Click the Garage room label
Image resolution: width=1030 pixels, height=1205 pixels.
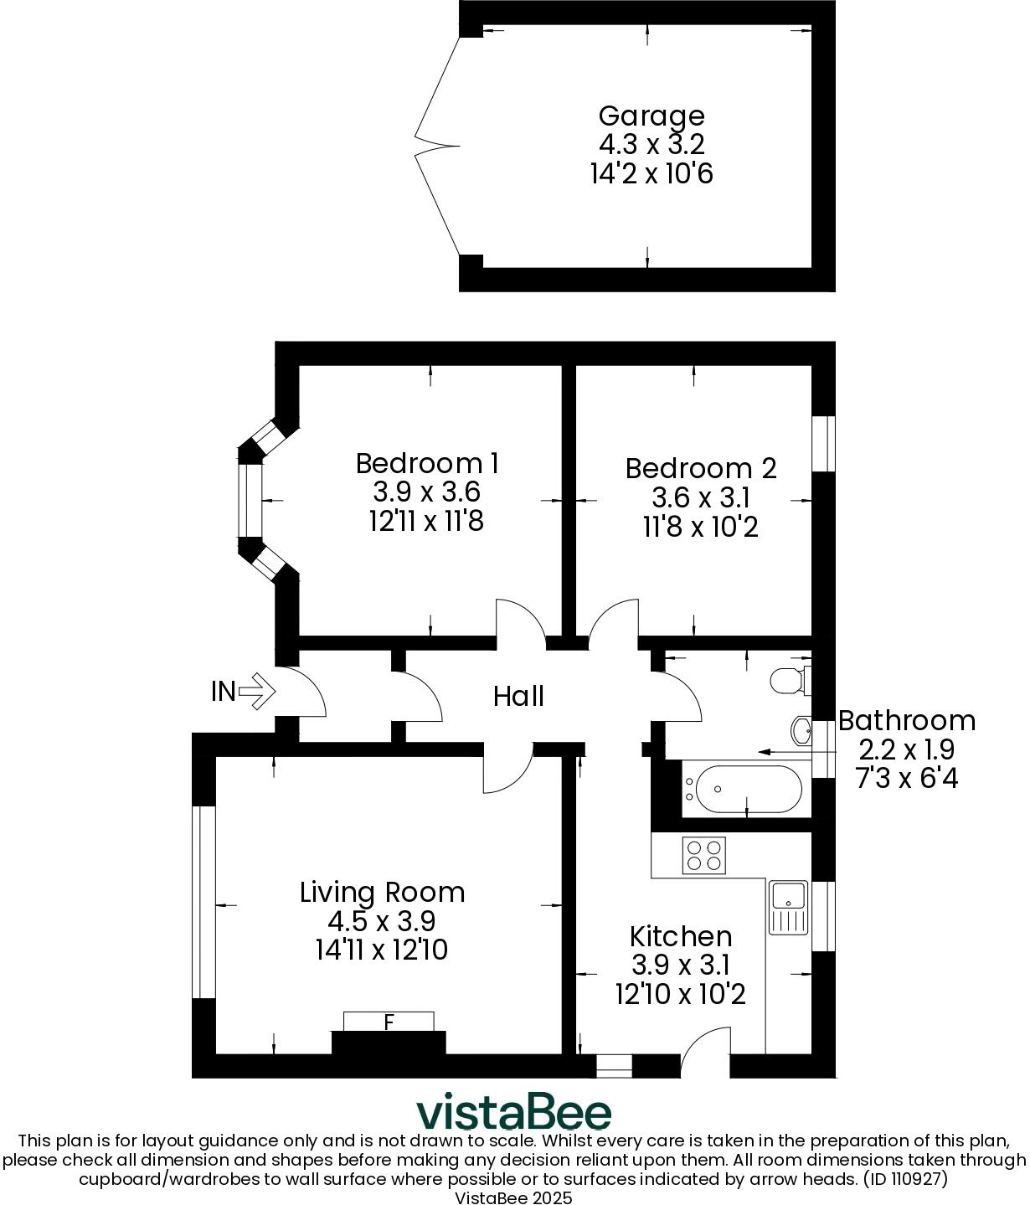coord(651,116)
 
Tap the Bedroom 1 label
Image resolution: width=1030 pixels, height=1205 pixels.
coord(427,463)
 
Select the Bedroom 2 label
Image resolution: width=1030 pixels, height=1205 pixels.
coord(701,468)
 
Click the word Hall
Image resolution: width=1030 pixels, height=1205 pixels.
coord(518,696)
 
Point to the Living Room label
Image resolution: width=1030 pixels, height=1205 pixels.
coord(382,893)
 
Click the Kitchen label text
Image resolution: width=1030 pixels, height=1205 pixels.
coord(680,936)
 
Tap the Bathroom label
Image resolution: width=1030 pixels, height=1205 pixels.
coord(906,721)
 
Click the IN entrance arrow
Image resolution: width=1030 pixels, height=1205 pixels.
coord(256,692)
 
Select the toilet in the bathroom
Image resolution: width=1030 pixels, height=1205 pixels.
coord(790,679)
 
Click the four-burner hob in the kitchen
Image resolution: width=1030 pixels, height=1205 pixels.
coord(703,855)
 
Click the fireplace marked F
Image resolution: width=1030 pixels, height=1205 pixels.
coord(389,1022)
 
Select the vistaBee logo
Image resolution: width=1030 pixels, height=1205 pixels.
coord(514,1112)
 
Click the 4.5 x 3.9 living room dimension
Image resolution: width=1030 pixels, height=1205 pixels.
coord(381,922)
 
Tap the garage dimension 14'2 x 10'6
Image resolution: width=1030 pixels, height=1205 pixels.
coord(651,173)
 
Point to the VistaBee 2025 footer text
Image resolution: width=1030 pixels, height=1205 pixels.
coord(513,1197)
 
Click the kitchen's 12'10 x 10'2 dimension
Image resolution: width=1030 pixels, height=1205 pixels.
coord(680,995)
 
